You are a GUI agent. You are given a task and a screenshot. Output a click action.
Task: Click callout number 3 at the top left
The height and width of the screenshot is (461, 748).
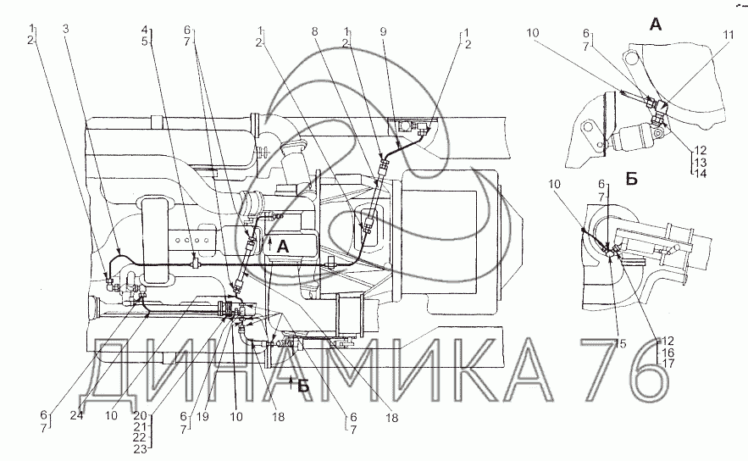[66, 29]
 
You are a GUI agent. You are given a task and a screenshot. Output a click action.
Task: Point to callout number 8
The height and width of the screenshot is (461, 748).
[314, 32]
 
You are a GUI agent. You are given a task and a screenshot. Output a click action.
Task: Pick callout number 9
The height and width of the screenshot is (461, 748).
[383, 32]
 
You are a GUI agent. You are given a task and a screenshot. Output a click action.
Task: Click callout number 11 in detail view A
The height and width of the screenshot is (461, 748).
[728, 35]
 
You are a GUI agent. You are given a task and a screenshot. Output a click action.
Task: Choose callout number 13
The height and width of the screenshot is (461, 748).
[701, 162]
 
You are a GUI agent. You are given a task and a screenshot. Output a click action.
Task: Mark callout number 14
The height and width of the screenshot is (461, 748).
[701, 173]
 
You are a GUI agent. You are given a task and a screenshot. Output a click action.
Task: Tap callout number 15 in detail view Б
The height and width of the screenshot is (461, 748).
[620, 343]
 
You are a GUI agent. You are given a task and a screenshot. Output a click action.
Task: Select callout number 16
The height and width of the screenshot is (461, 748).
[668, 353]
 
